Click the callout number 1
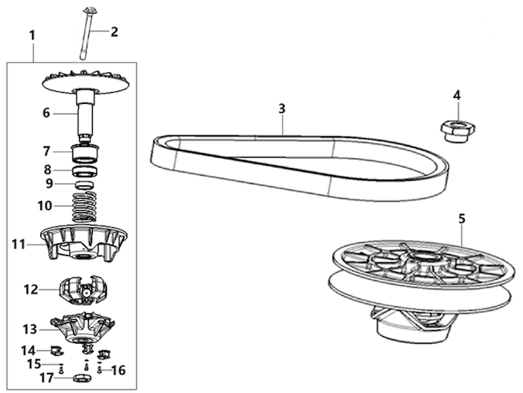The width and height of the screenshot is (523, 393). pyautogui.click(x=32, y=35)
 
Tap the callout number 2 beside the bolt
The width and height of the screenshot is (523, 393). pyautogui.click(x=114, y=32)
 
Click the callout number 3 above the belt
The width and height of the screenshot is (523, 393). pyautogui.click(x=282, y=108)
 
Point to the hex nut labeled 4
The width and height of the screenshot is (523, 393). pyautogui.click(x=457, y=132)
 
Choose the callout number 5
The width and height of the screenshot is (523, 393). pyautogui.click(x=462, y=219)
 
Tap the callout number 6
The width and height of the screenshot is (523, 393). pyautogui.click(x=46, y=113)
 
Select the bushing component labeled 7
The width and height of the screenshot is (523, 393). pyautogui.click(x=86, y=152)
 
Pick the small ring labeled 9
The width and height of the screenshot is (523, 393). pyautogui.click(x=84, y=185)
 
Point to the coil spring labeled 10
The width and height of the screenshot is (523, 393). pyautogui.click(x=84, y=206)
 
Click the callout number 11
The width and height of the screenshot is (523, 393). pyautogui.click(x=19, y=244)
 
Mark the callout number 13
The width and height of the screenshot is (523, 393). pyautogui.click(x=29, y=329)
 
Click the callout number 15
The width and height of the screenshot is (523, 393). pyautogui.click(x=34, y=364)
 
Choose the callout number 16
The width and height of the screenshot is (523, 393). pyautogui.click(x=118, y=371)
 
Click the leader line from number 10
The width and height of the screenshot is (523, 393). pyautogui.click(x=64, y=206)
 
